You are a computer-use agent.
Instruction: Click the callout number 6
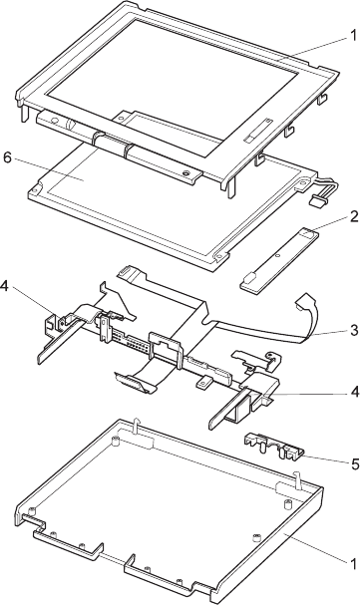[8, 158]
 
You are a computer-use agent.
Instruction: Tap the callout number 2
[353, 217]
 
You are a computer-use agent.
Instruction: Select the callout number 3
[354, 330]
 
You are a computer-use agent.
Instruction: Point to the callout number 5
[354, 464]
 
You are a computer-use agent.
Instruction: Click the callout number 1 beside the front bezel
[353, 36]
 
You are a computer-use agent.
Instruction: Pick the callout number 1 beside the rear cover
[353, 564]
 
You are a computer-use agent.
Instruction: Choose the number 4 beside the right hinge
[354, 392]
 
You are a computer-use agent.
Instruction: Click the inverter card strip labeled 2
[277, 260]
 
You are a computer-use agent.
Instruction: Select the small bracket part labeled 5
[274, 447]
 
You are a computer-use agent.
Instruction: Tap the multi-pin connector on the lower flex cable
[132, 383]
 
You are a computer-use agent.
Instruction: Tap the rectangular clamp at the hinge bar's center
[164, 347]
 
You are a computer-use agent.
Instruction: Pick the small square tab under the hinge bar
[203, 382]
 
